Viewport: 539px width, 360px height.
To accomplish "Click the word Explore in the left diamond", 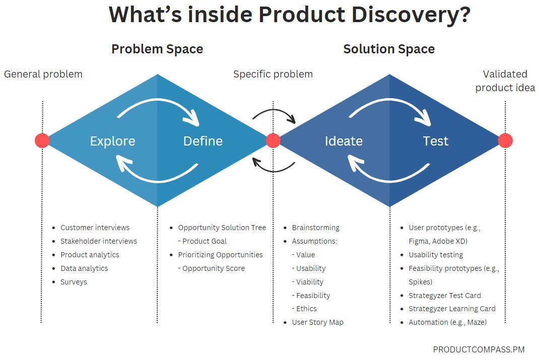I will [x=112, y=141].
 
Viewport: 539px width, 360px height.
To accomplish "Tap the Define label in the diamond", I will [x=203, y=141].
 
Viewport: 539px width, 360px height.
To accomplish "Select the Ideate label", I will [x=344, y=141].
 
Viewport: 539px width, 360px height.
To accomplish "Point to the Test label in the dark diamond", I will [x=435, y=141].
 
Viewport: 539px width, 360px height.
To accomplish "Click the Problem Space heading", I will [x=157, y=49].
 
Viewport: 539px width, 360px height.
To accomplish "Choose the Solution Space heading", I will [x=389, y=49].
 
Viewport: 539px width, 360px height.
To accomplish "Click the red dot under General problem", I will [x=42, y=140].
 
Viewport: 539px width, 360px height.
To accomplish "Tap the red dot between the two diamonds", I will [x=273, y=140].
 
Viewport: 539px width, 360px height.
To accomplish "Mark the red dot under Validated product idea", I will [x=505, y=140].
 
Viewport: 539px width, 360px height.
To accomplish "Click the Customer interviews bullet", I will [x=95, y=228].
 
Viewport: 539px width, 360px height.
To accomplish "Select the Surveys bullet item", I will [x=74, y=282].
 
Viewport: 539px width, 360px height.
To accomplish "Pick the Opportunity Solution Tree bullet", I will [x=222, y=228].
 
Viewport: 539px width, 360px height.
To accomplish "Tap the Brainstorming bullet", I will [x=315, y=228].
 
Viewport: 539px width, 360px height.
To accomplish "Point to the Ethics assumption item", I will [x=306, y=309].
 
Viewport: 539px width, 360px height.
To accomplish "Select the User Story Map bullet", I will [x=317, y=322].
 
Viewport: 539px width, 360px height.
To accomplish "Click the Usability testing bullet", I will [x=436, y=255].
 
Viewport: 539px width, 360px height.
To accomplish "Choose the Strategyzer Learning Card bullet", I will [x=452, y=309].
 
